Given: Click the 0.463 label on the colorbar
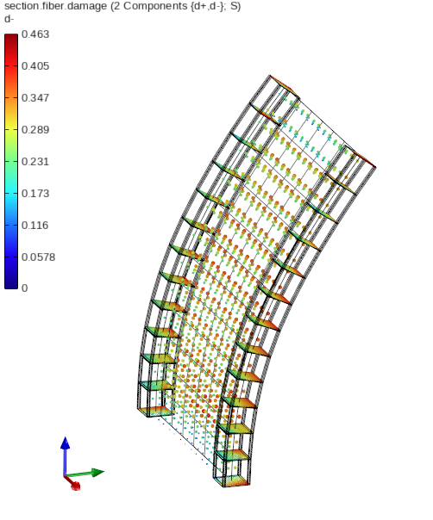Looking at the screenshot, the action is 35,34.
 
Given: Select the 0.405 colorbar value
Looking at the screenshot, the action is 35,66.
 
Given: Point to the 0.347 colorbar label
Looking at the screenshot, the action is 35,98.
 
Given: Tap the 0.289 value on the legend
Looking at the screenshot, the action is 35,130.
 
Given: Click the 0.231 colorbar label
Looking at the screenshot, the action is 35,162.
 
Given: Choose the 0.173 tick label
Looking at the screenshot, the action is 35,194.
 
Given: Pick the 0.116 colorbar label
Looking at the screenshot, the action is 35,226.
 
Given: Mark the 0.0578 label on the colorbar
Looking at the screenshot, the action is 38,257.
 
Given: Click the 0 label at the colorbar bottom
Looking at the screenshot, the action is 25,288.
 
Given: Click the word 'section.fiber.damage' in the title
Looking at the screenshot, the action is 55,6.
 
